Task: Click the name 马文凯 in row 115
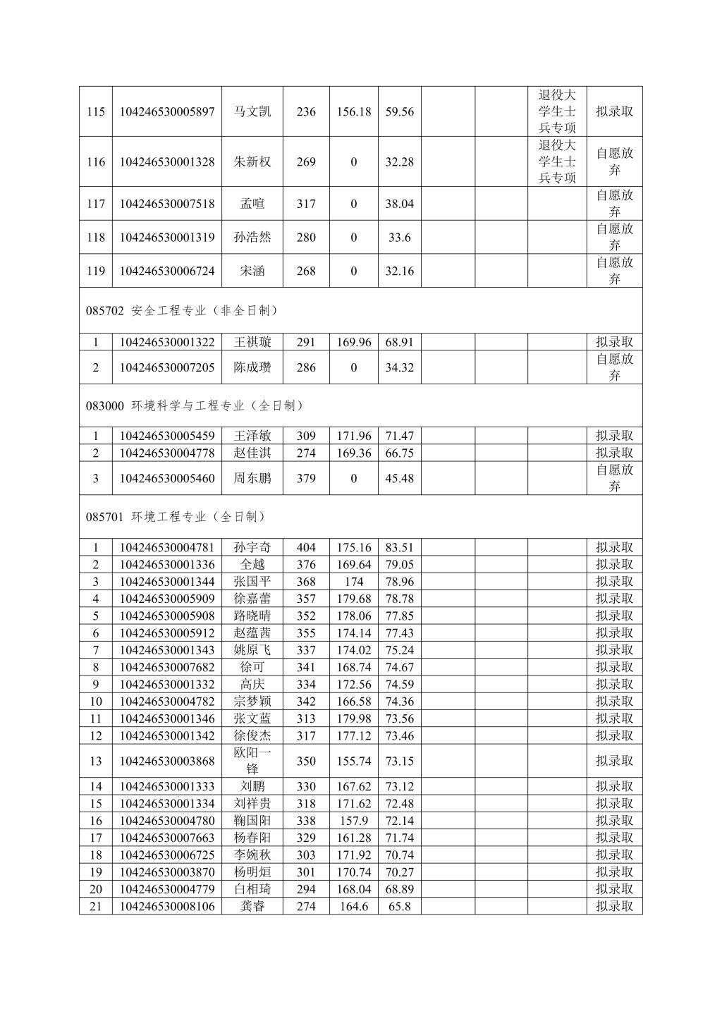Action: [252, 111]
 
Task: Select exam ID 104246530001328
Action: [167, 162]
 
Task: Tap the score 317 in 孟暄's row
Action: [306, 204]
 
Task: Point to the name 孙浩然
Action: [252, 238]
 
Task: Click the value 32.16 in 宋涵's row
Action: [399, 271]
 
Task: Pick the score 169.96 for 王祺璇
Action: [353, 342]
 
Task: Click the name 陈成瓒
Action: [252, 367]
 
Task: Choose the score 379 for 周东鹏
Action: [306, 479]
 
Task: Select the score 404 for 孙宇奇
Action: [306, 548]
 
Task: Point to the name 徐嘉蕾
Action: [252, 599]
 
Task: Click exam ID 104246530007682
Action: [167, 667]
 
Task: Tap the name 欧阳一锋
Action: [252, 761]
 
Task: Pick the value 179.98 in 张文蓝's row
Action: [353, 719]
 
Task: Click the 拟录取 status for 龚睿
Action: [614, 907]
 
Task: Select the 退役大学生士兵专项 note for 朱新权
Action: [557, 161]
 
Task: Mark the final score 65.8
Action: [399, 907]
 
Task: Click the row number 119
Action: [96, 271]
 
